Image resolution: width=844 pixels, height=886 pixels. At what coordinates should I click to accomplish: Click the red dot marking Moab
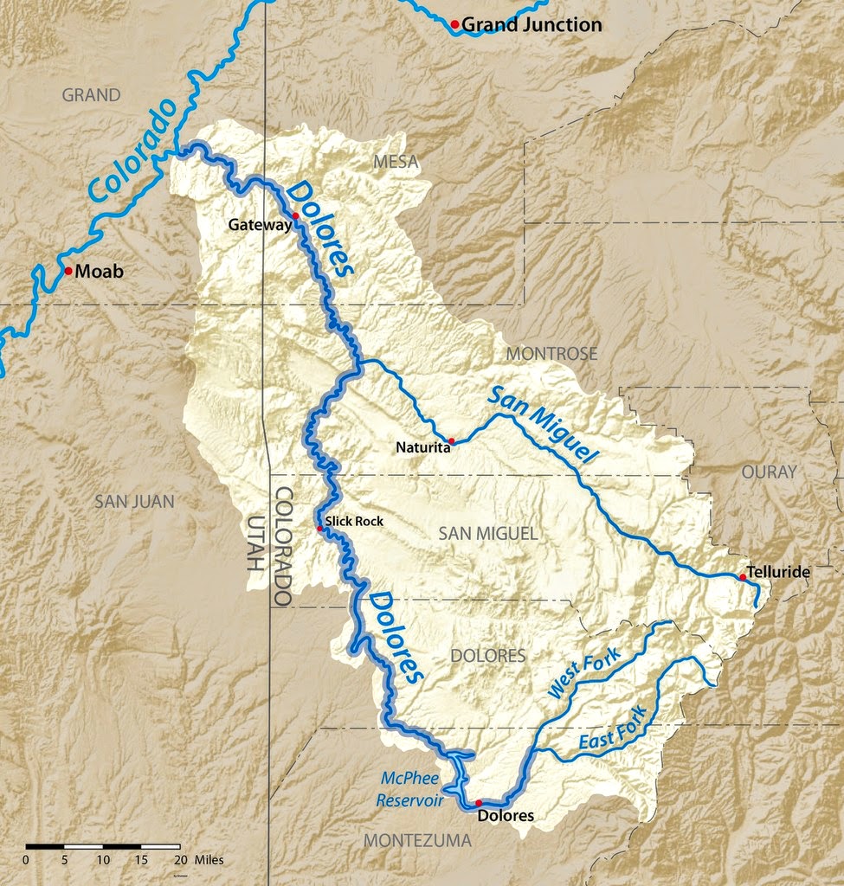[68, 271]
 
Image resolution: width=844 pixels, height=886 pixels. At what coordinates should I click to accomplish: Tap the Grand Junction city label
[531, 25]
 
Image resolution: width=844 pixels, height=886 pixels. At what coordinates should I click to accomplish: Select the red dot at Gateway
[295, 215]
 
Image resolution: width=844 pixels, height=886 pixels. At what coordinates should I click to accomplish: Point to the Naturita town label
[422, 447]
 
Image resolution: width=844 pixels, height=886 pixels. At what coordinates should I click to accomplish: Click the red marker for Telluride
[743, 577]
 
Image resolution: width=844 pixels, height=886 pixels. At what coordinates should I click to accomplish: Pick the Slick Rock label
[353, 521]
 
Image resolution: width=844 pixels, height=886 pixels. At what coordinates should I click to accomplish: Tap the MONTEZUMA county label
[417, 840]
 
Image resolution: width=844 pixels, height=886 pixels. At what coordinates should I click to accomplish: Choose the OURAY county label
[768, 472]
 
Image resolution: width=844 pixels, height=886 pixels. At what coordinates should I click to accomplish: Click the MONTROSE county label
[551, 353]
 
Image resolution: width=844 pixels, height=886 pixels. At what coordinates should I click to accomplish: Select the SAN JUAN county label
[134, 501]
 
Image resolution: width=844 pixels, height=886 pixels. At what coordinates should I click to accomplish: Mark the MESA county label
[396, 162]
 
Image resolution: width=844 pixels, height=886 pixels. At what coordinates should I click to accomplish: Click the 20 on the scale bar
[180, 860]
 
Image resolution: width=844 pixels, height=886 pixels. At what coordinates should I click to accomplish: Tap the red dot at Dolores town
[479, 803]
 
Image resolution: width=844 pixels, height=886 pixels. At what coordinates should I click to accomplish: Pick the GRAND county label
[91, 95]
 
